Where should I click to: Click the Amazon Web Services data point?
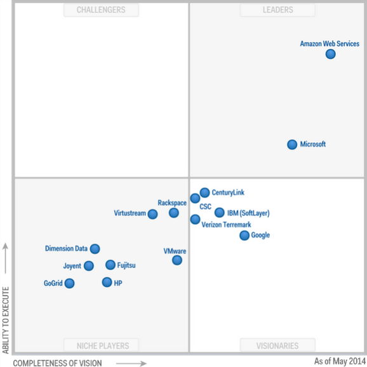pos(330,54)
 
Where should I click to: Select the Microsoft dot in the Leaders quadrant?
pos(292,144)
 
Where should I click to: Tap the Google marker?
pos(244,235)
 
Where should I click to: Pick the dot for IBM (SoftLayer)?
pos(220,212)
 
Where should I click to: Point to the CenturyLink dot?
pos(205,192)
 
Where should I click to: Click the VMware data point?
pos(177,260)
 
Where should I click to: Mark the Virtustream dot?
pos(152,214)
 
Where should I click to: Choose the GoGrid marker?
pos(69,283)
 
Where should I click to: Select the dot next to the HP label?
pos(107,282)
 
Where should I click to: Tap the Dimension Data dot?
pos(95,248)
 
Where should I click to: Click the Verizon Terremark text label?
pos(226,225)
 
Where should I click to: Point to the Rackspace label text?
pos(172,203)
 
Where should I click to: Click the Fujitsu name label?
pos(126,265)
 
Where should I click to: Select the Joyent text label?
pos(72,266)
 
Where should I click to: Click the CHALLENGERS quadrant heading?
pos(101,10)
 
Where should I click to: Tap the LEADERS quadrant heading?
pos(278,10)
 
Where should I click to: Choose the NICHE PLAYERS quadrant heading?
pos(103,345)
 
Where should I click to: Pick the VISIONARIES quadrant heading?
pos(277,345)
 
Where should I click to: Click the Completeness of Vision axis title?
pos(57,363)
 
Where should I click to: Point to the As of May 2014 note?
pos(340,361)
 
